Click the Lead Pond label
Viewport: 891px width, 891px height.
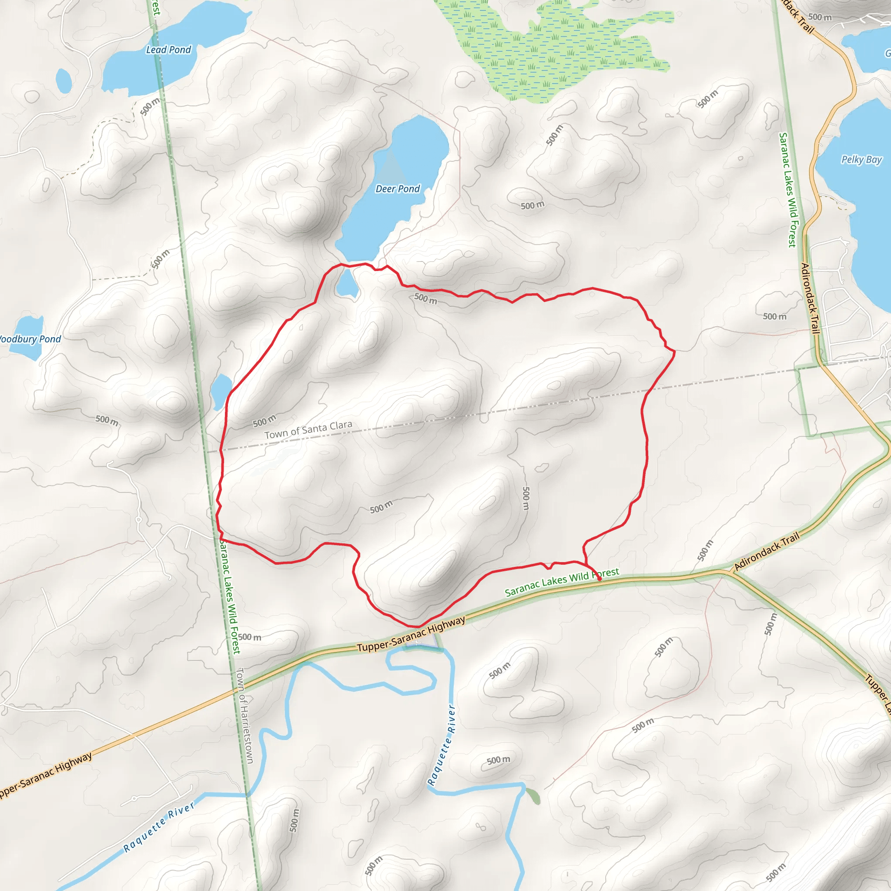168,50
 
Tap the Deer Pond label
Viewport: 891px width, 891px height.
398,189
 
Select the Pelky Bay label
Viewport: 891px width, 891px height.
861,160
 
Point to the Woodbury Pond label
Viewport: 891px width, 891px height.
30,339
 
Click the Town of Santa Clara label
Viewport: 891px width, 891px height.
308,429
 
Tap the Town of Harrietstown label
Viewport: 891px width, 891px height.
245,715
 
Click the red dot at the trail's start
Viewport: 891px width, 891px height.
599,579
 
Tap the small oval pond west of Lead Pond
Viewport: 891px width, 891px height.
64,81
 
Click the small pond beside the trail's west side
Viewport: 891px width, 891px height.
221,390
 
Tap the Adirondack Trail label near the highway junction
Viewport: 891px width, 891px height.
766,551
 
